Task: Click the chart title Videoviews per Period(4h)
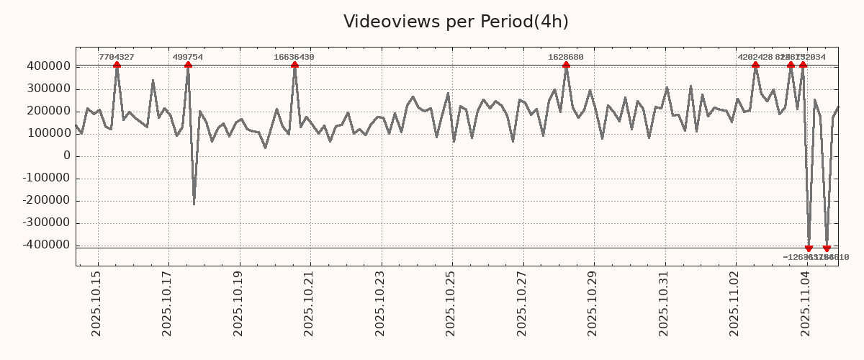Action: pos(456,22)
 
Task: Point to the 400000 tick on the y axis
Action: pos(47,66)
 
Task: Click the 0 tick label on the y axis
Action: pos(67,156)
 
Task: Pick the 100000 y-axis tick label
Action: pos(47,134)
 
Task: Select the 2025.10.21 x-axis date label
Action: pos(310,303)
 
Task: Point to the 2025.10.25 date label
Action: pos(451,303)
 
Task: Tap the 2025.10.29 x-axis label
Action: pos(593,303)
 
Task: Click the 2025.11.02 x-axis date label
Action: pos(735,303)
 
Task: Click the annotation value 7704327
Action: pos(117,57)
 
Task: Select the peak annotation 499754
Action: pos(188,57)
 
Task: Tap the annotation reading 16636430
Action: pos(294,57)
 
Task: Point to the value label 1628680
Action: pos(566,57)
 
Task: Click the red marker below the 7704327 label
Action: pos(117,66)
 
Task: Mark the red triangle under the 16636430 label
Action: pos(294,66)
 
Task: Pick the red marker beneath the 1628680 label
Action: pos(566,66)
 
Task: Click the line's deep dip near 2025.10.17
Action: pos(194,204)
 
